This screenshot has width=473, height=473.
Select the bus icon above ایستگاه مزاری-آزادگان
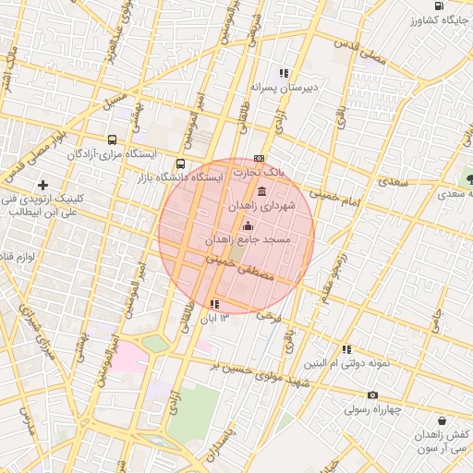(113, 139)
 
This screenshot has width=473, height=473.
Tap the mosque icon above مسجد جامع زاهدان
(247, 226)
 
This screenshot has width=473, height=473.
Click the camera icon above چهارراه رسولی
(373, 395)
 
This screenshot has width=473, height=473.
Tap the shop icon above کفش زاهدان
(442, 420)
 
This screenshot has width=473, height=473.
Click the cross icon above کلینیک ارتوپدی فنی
(43, 186)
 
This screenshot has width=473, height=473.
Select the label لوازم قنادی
(17, 254)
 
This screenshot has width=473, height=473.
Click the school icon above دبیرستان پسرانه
(285, 73)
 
